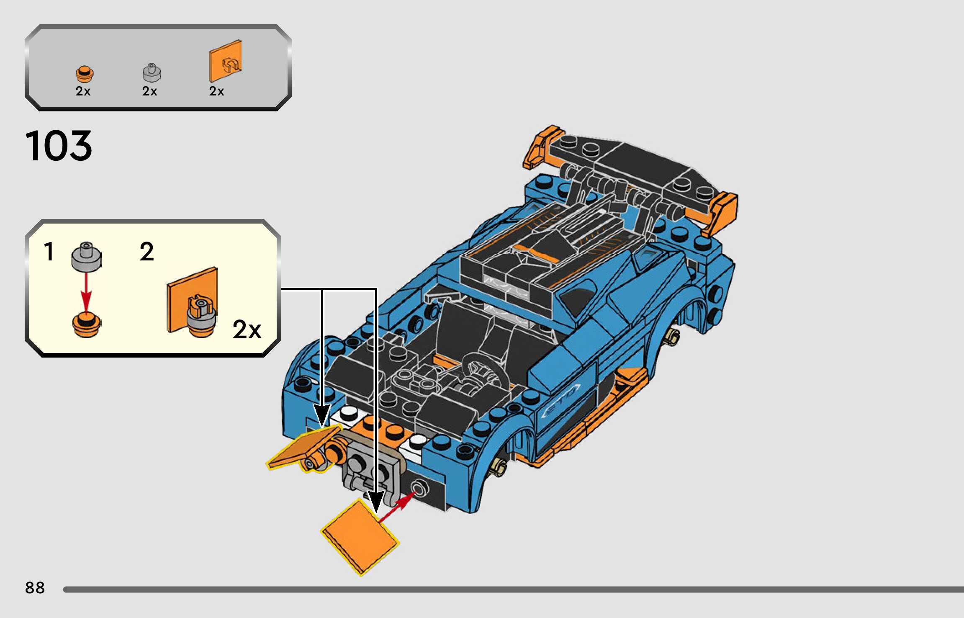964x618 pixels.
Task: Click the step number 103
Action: click(59, 146)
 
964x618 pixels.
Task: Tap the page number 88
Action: click(35, 588)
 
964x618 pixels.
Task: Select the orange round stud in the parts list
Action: click(85, 74)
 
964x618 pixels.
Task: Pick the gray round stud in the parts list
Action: click(152, 73)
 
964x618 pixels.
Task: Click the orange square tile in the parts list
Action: click(225, 61)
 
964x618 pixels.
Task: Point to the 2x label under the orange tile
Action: click(216, 91)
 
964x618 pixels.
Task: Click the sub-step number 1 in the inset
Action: click(49, 252)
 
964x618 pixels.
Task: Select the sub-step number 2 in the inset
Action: click(147, 252)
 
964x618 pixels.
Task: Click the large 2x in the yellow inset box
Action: click(247, 330)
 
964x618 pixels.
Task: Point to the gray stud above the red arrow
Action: click(86, 256)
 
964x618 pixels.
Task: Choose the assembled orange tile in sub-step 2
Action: click(193, 300)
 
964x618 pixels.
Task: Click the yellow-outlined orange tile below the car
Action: click(360, 537)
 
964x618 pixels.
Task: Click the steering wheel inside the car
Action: click(486, 371)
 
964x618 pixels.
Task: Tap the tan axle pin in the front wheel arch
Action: click(499, 465)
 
